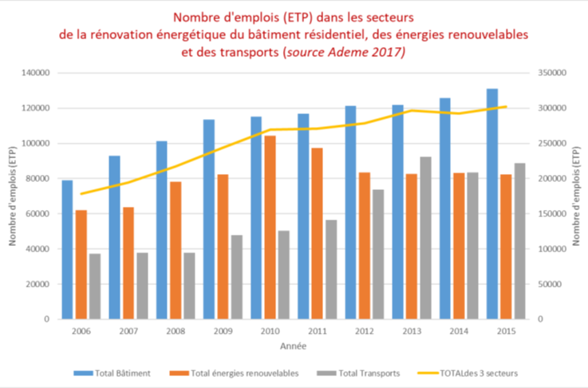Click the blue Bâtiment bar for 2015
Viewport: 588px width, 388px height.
(x=492, y=204)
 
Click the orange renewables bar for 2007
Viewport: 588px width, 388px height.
(x=128, y=263)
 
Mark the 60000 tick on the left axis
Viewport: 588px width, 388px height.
(x=38, y=214)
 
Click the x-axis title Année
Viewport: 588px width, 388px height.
(x=294, y=347)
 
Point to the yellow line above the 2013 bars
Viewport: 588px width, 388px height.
(x=412, y=110)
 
